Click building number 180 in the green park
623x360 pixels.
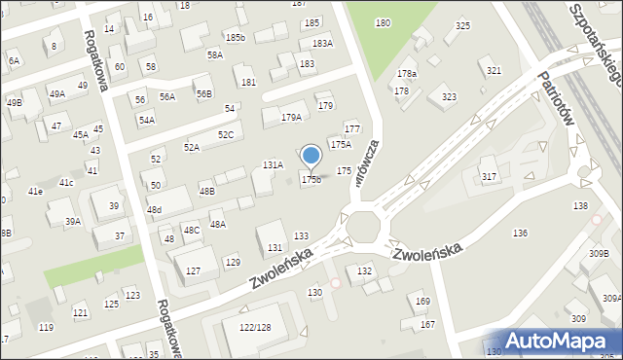click(383, 22)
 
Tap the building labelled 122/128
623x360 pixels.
click(255, 327)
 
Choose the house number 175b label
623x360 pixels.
click(311, 179)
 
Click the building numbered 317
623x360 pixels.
click(489, 176)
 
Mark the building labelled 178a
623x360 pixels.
click(406, 74)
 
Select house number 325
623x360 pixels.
click(462, 25)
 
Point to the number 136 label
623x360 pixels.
click(521, 233)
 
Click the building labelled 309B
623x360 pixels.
click(598, 254)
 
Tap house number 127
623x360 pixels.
click(195, 270)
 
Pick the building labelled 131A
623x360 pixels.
click(273, 165)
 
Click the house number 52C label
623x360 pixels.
click(225, 134)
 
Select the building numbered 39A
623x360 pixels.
click(73, 222)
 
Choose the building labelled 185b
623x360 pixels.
click(234, 37)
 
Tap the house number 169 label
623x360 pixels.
click(422, 302)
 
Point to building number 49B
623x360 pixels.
click(14, 102)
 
